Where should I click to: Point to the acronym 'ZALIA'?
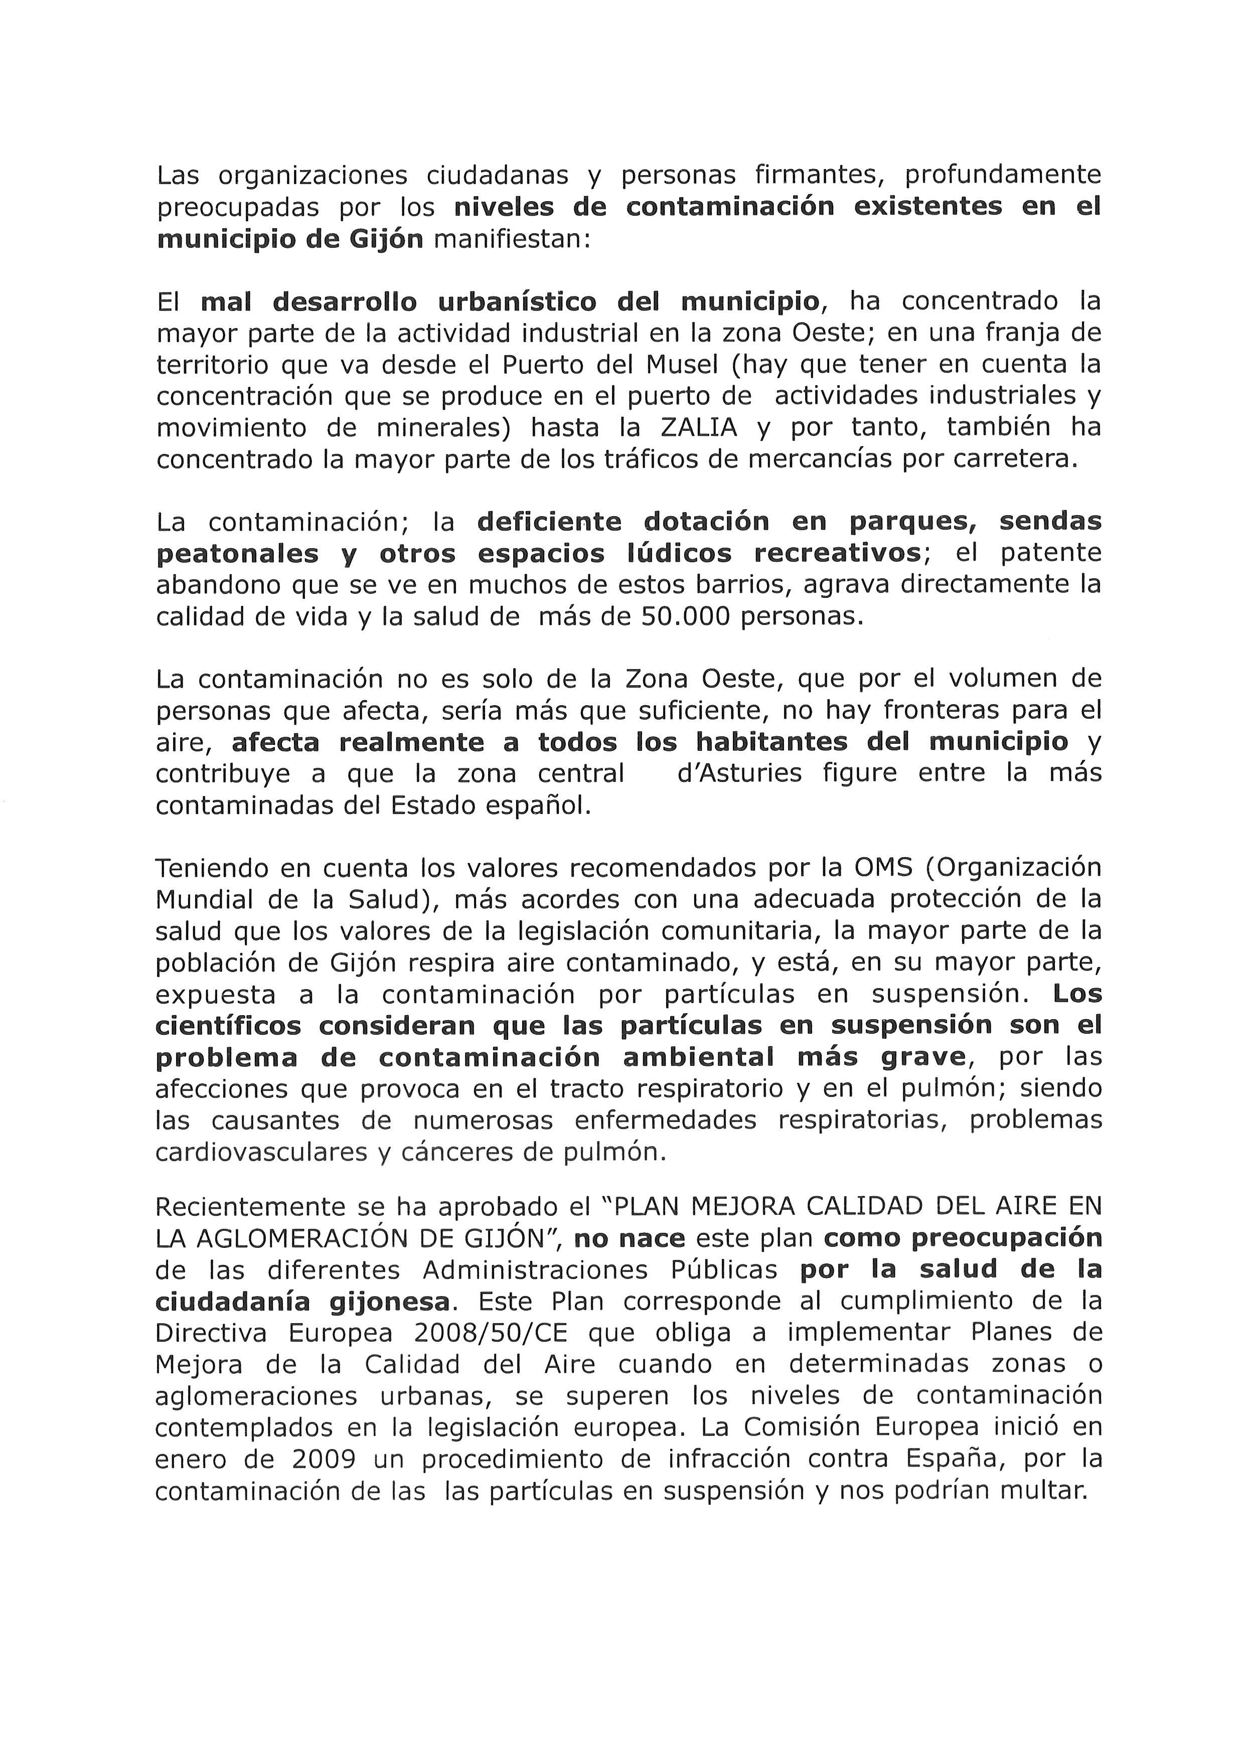[x=699, y=427]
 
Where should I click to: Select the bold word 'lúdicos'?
[x=681, y=554]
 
